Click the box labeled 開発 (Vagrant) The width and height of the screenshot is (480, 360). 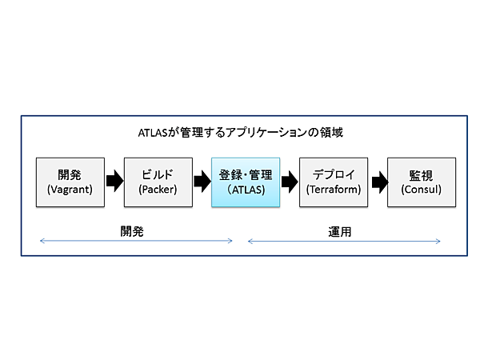(70, 182)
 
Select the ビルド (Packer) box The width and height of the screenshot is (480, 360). (158, 182)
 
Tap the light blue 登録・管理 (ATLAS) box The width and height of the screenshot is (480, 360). (246, 182)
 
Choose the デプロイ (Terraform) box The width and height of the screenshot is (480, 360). (334, 182)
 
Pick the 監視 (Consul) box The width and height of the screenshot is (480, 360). (422, 182)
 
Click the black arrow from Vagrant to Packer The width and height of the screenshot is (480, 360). (114, 182)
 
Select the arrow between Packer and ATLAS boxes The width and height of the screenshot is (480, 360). (202, 182)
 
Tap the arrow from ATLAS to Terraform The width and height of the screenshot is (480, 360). (290, 182)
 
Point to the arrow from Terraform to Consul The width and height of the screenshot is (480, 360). (378, 182)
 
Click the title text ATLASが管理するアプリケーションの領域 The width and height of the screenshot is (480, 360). (240, 132)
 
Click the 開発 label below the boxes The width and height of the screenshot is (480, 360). (132, 230)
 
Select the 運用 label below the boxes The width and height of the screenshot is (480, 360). (340, 230)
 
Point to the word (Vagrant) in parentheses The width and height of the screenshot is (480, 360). (70, 190)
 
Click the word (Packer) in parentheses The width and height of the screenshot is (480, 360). (158, 190)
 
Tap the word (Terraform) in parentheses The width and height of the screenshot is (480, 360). (334, 190)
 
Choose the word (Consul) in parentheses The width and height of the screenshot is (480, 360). (422, 190)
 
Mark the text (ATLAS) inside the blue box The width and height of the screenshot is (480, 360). (246, 190)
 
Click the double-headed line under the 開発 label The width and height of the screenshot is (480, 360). (136, 240)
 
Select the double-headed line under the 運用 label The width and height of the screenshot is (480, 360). (344, 240)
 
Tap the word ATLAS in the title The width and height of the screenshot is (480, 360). (154, 132)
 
